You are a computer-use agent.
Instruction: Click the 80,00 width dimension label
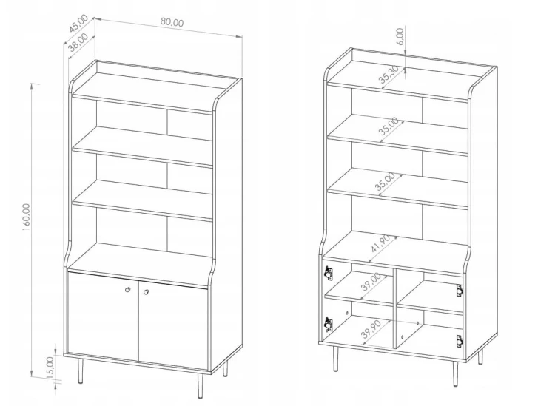pyautogui.click(x=172, y=22)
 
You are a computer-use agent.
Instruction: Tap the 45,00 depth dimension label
pyautogui.click(x=78, y=24)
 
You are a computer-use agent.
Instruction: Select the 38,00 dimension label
pyautogui.click(x=78, y=42)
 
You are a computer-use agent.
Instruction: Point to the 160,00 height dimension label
pyautogui.click(x=27, y=217)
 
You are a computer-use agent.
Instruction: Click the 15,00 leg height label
pyautogui.click(x=50, y=368)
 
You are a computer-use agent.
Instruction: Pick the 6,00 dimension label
pyautogui.click(x=400, y=36)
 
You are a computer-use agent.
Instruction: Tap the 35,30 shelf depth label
pyautogui.click(x=388, y=75)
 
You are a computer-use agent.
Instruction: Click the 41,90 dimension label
pyautogui.click(x=380, y=243)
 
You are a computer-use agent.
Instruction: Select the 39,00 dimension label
pyautogui.click(x=371, y=282)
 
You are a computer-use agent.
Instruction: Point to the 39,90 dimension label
pyautogui.click(x=371, y=329)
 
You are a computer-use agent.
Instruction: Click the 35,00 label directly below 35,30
pyautogui.click(x=388, y=126)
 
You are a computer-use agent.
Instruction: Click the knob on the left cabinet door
pyautogui.click(x=128, y=290)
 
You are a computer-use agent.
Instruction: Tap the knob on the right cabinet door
pyautogui.click(x=147, y=292)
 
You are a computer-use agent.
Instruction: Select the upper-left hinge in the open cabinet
pyautogui.click(x=329, y=273)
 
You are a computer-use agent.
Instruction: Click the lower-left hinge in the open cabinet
pyautogui.click(x=328, y=324)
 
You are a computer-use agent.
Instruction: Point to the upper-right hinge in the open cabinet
pyautogui.click(x=460, y=291)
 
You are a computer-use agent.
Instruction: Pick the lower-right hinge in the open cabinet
pyautogui.click(x=460, y=342)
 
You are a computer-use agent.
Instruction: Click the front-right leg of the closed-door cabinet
pyautogui.click(x=200, y=386)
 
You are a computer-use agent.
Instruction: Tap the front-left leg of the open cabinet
pyautogui.click(x=335, y=359)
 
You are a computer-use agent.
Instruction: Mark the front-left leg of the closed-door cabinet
pyautogui.click(x=81, y=371)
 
